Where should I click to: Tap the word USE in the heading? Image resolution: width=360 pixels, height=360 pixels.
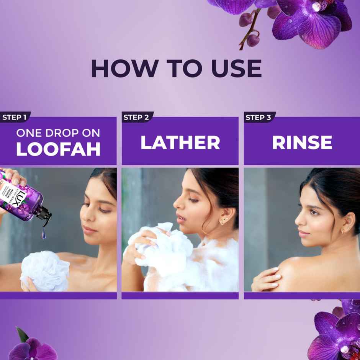point(233,69)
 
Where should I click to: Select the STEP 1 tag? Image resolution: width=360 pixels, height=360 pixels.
point(14,117)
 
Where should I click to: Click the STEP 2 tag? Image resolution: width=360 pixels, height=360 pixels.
point(136,117)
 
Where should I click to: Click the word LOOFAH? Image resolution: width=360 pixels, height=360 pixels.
point(58,149)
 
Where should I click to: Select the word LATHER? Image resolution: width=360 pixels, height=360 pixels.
point(180,142)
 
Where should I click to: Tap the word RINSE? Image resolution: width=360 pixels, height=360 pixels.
point(302,142)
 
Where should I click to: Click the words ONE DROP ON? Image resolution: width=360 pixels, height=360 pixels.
point(58,133)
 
